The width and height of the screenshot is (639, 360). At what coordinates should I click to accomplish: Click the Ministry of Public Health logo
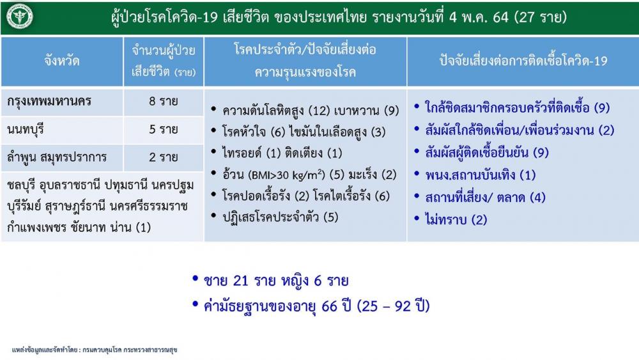click(20, 17)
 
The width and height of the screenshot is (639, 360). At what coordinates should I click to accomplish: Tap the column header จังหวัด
click(62, 61)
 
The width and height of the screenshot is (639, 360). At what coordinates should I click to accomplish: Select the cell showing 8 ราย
click(164, 101)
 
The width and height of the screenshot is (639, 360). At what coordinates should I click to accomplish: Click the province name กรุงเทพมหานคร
click(49, 101)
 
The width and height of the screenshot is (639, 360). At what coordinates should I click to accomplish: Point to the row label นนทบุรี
click(26, 130)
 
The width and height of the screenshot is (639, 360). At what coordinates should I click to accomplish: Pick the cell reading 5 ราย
click(164, 129)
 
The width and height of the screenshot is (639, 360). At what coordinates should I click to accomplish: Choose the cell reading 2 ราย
click(164, 157)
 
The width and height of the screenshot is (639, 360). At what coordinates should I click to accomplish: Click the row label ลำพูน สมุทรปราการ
click(57, 157)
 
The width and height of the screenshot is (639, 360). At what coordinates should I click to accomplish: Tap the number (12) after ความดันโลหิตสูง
click(319, 111)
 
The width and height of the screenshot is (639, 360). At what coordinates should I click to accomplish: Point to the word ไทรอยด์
click(242, 153)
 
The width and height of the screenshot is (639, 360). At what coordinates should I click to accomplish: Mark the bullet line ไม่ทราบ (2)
click(456, 220)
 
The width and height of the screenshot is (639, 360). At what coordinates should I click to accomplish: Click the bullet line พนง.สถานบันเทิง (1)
click(481, 175)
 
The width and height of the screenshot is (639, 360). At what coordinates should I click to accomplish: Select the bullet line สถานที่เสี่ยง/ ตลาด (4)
click(485, 198)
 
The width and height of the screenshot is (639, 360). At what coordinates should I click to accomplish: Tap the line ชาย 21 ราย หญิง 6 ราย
click(276, 281)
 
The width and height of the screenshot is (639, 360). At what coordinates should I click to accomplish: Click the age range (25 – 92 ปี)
click(393, 306)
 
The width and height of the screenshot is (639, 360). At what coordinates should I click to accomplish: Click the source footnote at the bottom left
click(95, 350)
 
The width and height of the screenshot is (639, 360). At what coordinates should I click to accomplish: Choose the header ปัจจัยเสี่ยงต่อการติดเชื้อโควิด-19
click(523, 61)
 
